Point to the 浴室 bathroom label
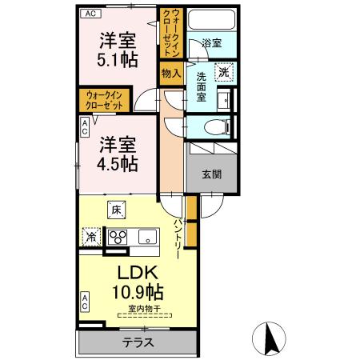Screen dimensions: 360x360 coord(211,44)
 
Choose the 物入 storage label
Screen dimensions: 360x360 coord(171,73)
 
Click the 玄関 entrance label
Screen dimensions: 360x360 coord(211,175)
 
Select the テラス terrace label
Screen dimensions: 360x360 coord(138,342)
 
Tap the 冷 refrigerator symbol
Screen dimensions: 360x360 coord(90,238)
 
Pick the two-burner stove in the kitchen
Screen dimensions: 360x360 coord(118,237)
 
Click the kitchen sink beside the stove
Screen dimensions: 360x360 coord(146,236)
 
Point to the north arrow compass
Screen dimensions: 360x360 coord(270,338)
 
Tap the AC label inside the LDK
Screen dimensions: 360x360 coord(83,302)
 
